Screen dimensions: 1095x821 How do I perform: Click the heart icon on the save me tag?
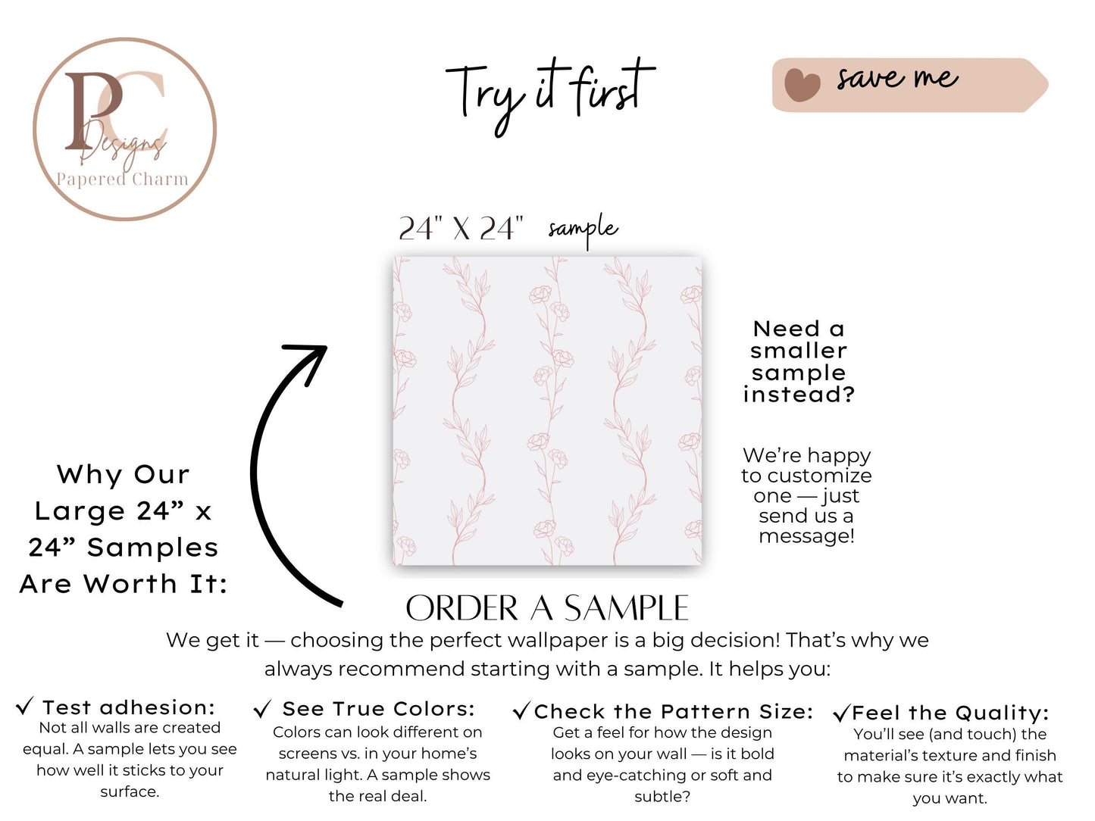coord(802,85)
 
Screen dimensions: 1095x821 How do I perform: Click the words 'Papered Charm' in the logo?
coord(122,179)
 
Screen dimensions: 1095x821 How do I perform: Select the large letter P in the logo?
coord(93,110)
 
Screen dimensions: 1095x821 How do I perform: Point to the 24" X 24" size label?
coord(461,229)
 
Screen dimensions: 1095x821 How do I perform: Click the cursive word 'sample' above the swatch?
coord(583,229)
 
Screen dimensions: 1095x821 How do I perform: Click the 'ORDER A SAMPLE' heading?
coord(547,608)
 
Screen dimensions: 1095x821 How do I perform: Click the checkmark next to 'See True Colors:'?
coord(262,708)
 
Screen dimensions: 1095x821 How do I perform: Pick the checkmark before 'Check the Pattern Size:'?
coord(522,710)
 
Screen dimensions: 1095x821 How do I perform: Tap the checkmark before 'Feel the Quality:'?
coord(841,713)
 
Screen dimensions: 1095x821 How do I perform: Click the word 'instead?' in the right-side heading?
coord(799,395)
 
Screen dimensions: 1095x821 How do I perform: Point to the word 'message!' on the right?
coord(806,536)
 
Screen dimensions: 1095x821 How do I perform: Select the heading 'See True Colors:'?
coord(379,709)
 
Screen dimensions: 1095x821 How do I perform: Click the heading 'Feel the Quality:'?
coord(950,713)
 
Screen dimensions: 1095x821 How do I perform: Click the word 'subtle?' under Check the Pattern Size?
coord(662,797)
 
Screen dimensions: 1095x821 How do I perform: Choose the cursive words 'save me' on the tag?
coord(897,78)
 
